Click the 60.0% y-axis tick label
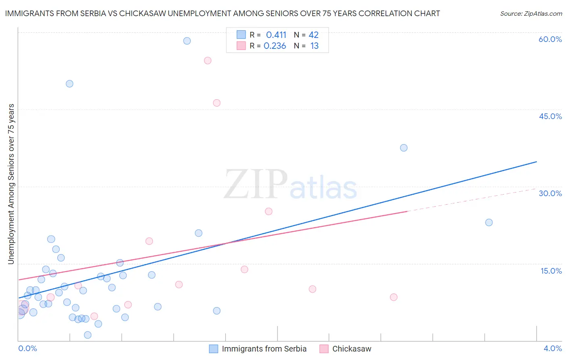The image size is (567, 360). click(550, 39)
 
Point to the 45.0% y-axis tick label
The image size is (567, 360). click(550, 116)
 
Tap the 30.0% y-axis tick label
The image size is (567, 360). click(550, 193)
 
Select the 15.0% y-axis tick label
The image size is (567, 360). click(551, 271)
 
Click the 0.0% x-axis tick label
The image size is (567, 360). click(27, 348)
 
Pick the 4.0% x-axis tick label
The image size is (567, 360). click(552, 348)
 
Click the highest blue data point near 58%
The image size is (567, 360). click(187, 41)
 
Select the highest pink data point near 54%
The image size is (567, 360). click(208, 61)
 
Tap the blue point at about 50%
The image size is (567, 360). click(69, 84)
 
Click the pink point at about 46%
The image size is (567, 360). click(217, 103)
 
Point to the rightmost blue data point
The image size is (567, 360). click(489, 222)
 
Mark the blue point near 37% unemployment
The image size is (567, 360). click(404, 148)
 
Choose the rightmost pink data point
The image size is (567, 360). click(394, 297)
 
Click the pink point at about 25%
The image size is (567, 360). click(269, 211)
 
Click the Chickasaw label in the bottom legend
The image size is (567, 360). click(351, 349)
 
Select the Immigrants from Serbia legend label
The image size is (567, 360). click(264, 349)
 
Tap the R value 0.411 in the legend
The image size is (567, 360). click(276, 35)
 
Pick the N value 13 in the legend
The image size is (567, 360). click(314, 46)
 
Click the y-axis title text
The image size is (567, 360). click(11, 184)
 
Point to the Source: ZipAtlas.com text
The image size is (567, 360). click(531, 13)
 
